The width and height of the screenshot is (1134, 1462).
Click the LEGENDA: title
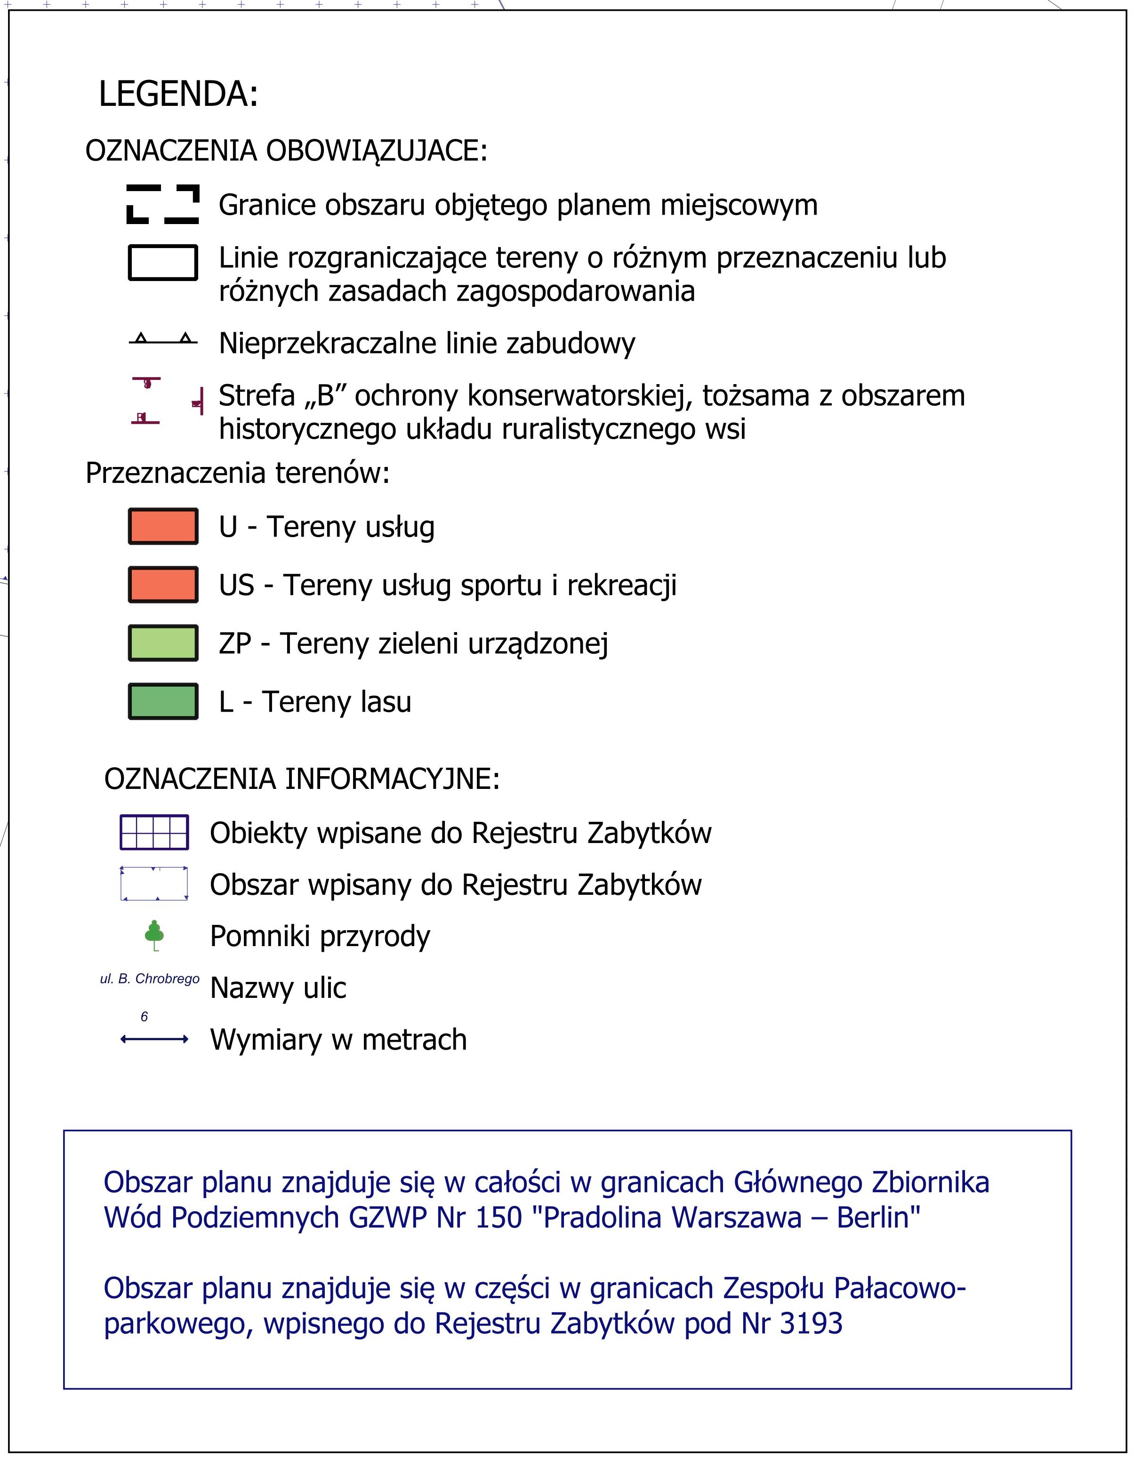(178, 94)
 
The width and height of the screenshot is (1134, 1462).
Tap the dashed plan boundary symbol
(163, 204)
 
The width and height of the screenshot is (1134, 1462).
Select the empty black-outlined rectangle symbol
(163, 262)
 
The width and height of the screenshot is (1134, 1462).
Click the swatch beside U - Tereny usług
(163, 526)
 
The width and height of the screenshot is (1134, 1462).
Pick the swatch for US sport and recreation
(163, 585)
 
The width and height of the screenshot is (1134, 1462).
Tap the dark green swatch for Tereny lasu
(163, 701)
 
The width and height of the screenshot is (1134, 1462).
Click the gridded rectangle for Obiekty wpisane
(154, 832)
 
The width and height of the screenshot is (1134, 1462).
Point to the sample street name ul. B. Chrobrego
(149, 979)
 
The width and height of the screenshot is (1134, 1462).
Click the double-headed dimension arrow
(154, 1040)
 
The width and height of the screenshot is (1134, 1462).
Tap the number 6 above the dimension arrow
(144, 1017)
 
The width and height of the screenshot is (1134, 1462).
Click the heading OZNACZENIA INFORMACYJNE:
(302, 779)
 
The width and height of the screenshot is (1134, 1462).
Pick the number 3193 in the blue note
(811, 1324)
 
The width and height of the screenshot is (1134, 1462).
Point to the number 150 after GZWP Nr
(498, 1218)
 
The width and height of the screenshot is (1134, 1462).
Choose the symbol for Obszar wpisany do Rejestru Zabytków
(154, 884)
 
